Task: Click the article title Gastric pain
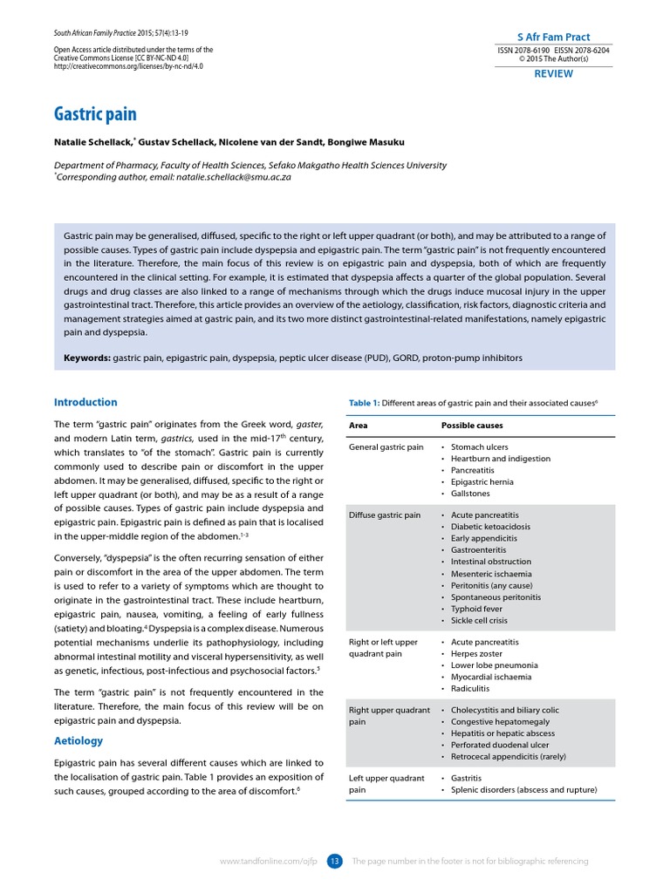coord(95,114)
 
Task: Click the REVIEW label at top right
coord(553,74)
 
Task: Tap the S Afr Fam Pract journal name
coord(553,37)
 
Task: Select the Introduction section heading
coord(85,402)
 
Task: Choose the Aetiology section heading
coord(79,740)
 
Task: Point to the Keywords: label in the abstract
coord(87,358)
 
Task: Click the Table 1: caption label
coord(364,403)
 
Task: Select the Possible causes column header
coord(471,426)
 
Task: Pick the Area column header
coord(358,426)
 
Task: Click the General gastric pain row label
coord(386,447)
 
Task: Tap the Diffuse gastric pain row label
coord(384,515)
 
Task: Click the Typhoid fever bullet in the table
coord(477,609)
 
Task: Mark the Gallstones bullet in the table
coord(472,493)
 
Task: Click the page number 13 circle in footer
coord(335,862)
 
